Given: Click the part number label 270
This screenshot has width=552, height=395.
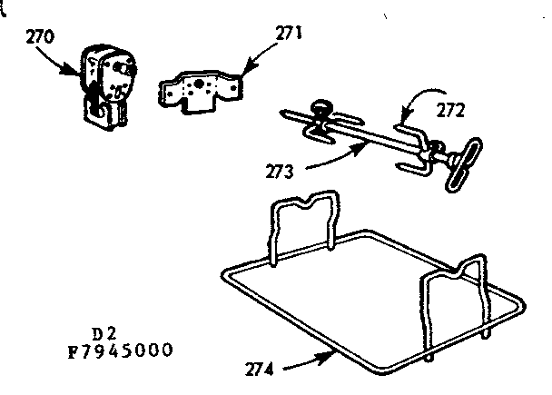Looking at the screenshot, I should pyautogui.click(x=41, y=37).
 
